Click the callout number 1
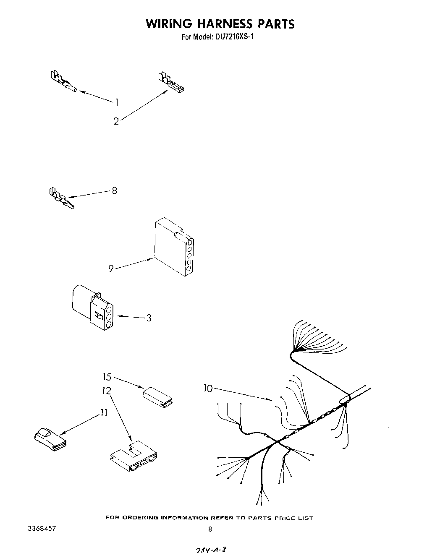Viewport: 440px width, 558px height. tap(117, 102)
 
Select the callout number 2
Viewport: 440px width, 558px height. tap(116, 121)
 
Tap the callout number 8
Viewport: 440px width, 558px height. tap(114, 190)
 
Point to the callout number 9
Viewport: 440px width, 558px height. tap(111, 269)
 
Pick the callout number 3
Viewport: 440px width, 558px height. tap(148, 318)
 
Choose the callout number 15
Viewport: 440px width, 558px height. tap(107, 376)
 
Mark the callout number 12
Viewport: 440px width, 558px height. tap(106, 391)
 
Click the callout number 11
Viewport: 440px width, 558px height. tap(103, 413)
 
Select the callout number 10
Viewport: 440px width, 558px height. tap(208, 389)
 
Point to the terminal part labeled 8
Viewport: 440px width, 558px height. tap(61, 198)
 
